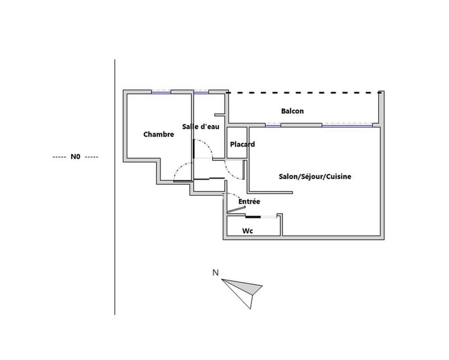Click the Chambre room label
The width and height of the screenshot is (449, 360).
pos(159,134)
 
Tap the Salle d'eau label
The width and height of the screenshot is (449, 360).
pos(201,126)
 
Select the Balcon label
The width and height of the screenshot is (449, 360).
pos(292,111)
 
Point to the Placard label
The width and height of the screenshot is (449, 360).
pos(242,144)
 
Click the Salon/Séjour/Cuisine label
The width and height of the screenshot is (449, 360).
pos(315,176)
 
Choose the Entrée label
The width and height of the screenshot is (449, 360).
pos(249,201)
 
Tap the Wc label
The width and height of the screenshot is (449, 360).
pos(248,230)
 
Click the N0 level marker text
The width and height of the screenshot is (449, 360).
pos(75,157)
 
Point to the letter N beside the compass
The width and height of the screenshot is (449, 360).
pos(216,273)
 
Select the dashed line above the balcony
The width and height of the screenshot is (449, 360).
pos(304,93)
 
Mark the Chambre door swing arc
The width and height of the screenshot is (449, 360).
pos(183,171)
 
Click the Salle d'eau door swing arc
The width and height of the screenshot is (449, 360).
pos(204,148)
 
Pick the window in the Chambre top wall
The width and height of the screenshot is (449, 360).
pos(161,92)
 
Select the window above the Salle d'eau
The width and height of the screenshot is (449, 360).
pos(201,92)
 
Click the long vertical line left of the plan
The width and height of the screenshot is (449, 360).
pos(115,187)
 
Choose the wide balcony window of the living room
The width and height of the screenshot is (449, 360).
pos(347,125)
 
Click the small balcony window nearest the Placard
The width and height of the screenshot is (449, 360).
pos(273,125)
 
